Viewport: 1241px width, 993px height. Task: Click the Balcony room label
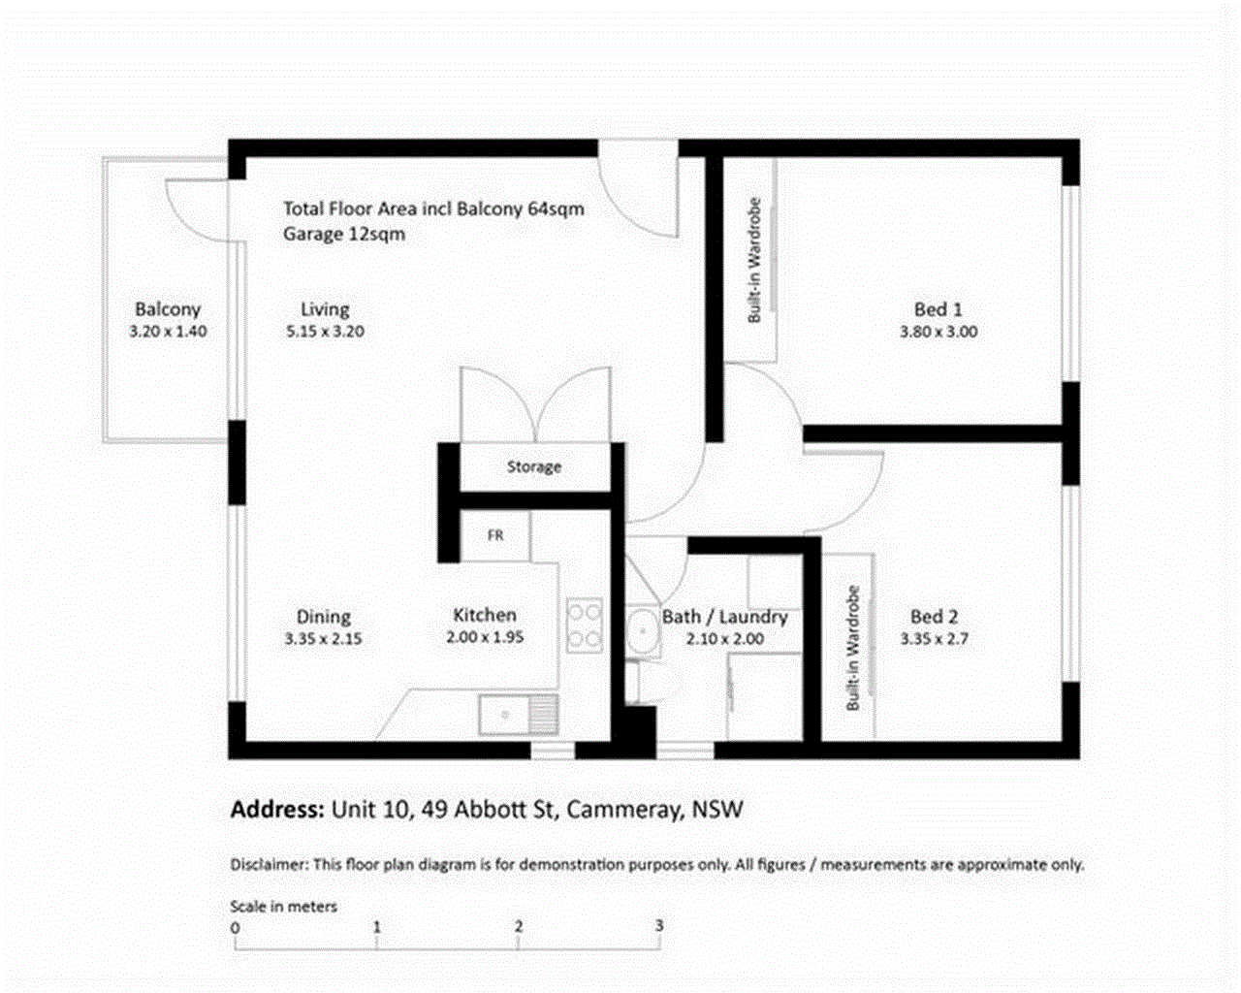[x=168, y=309]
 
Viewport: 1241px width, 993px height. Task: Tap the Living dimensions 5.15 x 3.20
[x=325, y=332]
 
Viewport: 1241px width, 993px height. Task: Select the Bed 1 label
[x=939, y=310]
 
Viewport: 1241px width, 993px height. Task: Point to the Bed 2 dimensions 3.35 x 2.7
[x=935, y=638]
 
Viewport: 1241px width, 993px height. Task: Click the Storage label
[x=534, y=466]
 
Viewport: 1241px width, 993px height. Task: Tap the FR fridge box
[x=495, y=536]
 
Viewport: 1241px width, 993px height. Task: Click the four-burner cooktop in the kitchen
[x=585, y=626]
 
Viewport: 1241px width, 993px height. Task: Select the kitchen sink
[x=519, y=715]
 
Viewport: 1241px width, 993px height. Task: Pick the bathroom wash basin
[x=642, y=630]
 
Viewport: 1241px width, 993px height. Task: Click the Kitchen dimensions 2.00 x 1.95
[x=485, y=637]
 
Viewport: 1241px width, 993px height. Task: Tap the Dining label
[x=324, y=617]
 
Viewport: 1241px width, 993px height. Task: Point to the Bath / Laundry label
[x=725, y=617]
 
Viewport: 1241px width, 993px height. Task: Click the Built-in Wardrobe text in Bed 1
[x=754, y=260]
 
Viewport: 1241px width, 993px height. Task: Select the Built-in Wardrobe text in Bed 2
[x=853, y=648]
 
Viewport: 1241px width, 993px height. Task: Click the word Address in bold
[x=278, y=809]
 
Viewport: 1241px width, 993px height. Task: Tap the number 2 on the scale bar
[x=519, y=926]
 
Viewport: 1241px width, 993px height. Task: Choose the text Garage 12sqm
[x=344, y=235]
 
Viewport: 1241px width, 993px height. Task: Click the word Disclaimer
[x=270, y=864]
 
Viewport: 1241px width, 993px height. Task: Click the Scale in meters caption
[x=284, y=907]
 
